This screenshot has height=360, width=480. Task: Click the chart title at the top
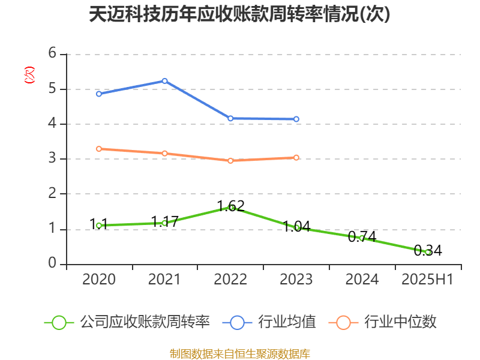pyautogui.click(x=239, y=14)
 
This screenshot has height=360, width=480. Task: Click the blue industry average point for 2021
pyautogui.click(x=164, y=80)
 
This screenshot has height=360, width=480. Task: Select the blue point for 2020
pyautogui.click(x=99, y=94)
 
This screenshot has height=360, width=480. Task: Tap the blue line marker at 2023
pyautogui.click(x=296, y=119)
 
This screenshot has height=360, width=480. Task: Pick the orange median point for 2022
pyautogui.click(x=230, y=160)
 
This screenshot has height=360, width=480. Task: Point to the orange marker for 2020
pyautogui.click(x=99, y=148)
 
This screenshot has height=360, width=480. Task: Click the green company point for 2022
pyautogui.click(x=231, y=207)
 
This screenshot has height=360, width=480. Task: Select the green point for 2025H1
pyautogui.click(x=428, y=252)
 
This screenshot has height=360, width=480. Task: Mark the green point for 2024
pyautogui.click(x=362, y=238)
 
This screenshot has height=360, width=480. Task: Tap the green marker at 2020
pyautogui.click(x=99, y=225)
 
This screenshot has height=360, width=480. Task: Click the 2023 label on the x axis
pyautogui.click(x=296, y=280)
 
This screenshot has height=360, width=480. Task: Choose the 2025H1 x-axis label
pyautogui.click(x=427, y=280)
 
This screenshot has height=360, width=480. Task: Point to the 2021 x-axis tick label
pyautogui.click(x=164, y=280)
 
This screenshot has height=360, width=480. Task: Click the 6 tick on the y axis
pyautogui.click(x=53, y=54)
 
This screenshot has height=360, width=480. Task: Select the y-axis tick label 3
pyautogui.click(x=53, y=159)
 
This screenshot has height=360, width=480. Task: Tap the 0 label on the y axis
pyautogui.click(x=53, y=264)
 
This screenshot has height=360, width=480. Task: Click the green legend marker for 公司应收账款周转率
pyautogui.click(x=59, y=322)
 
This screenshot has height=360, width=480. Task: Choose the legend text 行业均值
pyautogui.click(x=287, y=322)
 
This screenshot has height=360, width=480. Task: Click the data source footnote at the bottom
pyautogui.click(x=239, y=353)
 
